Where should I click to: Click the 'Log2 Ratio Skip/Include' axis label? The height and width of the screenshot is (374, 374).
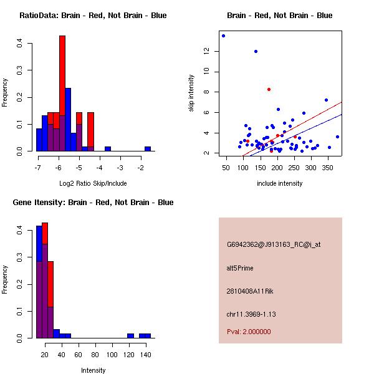[x=93, y=183]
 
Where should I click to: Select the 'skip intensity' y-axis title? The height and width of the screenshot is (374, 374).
[x=191, y=93]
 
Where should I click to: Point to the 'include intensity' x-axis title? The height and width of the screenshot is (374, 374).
[x=280, y=183]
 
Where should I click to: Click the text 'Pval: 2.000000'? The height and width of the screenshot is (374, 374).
[x=249, y=332]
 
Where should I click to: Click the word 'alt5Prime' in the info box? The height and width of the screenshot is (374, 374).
[x=240, y=268]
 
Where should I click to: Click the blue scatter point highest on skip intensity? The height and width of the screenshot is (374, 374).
[x=223, y=36]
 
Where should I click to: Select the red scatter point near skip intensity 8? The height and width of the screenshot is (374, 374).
[x=269, y=89]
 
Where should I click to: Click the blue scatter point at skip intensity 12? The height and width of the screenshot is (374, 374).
[x=256, y=51]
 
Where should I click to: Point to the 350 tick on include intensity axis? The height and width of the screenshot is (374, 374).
[x=325, y=168]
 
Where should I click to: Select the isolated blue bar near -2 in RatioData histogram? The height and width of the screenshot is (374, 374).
[x=148, y=149]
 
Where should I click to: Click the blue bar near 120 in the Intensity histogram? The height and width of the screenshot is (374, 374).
[x=130, y=335]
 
